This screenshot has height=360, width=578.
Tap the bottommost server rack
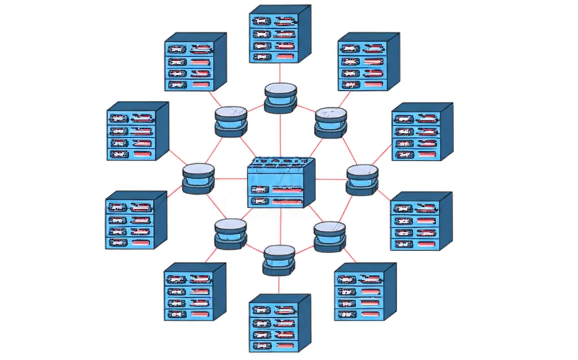(279, 323)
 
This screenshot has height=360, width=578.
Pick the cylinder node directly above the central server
(280, 98)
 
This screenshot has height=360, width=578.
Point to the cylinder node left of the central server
(198, 179)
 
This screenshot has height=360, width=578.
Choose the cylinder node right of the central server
(362, 179)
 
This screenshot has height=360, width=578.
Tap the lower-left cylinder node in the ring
(230, 234)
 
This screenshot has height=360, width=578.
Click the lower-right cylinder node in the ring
(329, 236)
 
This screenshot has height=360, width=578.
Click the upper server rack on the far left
(137, 131)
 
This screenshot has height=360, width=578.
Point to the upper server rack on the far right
(422, 132)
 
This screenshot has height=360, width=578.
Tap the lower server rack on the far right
(421, 222)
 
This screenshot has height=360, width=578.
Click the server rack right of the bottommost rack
(365, 292)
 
